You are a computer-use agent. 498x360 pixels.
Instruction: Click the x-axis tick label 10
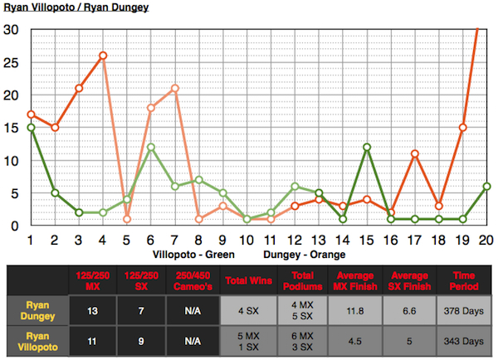click(x=247, y=240)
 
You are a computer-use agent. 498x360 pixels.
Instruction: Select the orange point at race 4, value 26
click(x=103, y=56)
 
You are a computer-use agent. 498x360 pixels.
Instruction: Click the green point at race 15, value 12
click(x=367, y=147)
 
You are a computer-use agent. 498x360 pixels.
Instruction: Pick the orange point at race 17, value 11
click(x=415, y=153)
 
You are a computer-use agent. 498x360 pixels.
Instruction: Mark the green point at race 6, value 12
click(x=151, y=147)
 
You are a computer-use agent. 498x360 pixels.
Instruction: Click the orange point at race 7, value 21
click(x=175, y=88)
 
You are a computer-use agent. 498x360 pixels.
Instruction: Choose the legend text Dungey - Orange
click(x=302, y=252)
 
